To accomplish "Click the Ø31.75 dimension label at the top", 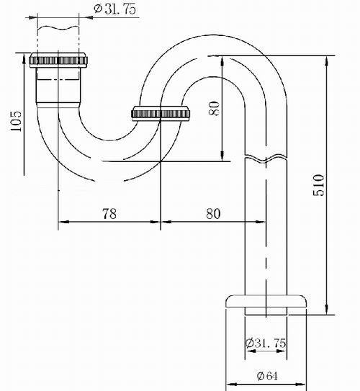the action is pos(115,9).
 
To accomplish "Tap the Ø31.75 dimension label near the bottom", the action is pos(266,343).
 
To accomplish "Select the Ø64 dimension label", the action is pos(266,376).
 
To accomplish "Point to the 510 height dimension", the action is pos(319,185).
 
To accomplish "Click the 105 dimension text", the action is pos(17,121).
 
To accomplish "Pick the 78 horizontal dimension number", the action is pos(109,214).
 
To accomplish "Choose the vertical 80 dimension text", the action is pos(214,108).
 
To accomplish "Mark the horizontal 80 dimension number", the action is pos(213,214).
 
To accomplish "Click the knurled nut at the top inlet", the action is pos(58,60).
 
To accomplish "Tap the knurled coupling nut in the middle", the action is pos(161,114).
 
